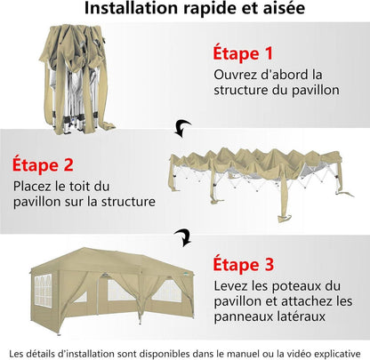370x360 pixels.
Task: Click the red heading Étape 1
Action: tap(243, 53)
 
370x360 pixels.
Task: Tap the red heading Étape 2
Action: tap(43, 164)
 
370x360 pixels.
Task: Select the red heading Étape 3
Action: tap(244, 264)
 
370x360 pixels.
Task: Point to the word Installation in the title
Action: tap(132, 8)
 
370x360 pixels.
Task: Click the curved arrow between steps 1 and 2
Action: tap(182, 128)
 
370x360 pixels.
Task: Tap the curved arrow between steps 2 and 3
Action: tap(183, 237)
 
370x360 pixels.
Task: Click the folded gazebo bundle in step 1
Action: tap(76, 79)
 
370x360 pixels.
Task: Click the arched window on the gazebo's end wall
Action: tap(43, 291)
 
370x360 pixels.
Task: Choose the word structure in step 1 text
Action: tap(241, 90)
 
